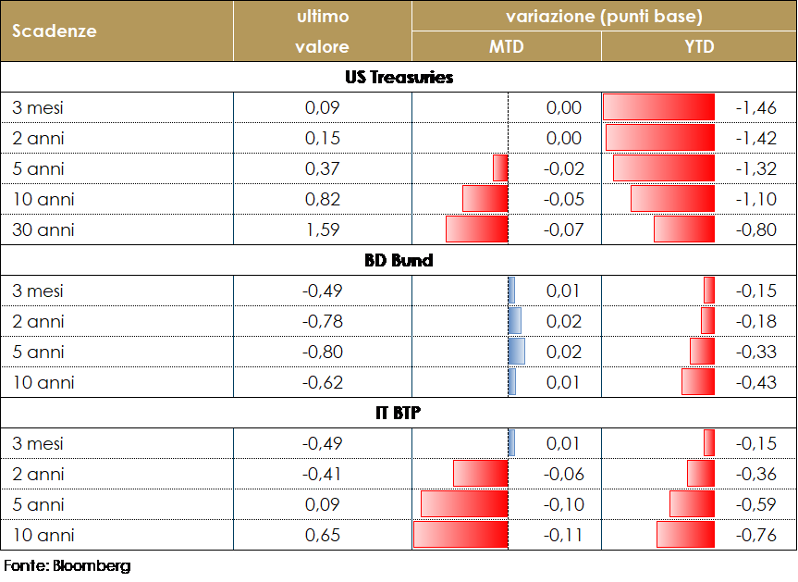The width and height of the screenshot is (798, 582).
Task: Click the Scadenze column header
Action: click(55, 31)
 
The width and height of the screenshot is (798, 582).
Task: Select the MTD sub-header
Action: click(506, 46)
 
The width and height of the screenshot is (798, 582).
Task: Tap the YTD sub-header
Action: click(699, 46)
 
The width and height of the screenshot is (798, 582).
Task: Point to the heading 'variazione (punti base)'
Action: click(604, 17)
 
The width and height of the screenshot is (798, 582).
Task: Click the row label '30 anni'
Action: click(43, 229)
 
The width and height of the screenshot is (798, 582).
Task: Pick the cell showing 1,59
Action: click(323, 229)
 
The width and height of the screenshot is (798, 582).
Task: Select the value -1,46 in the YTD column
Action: click(755, 107)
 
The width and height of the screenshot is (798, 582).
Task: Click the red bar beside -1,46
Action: click(658, 107)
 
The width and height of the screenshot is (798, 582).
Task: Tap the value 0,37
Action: click(323, 168)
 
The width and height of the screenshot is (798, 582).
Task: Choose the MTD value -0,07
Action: click(564, 229)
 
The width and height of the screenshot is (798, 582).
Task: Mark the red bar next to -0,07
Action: click(477, 229)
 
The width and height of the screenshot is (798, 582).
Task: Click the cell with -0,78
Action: click(323, 321)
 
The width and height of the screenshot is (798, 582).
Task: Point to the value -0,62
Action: click(323, 382)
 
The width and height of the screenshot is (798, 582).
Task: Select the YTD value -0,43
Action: click(755, 382)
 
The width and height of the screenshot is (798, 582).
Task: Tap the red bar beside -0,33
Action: click(702, 352)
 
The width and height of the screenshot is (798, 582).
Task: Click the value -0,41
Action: click(323, 474)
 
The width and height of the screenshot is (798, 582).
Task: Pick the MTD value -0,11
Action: click(564, 535)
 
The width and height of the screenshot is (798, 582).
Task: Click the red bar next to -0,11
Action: click(460, 535)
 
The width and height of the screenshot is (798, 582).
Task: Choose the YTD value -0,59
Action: click(755, 504)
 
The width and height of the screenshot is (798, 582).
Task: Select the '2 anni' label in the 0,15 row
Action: click(38, 138)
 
